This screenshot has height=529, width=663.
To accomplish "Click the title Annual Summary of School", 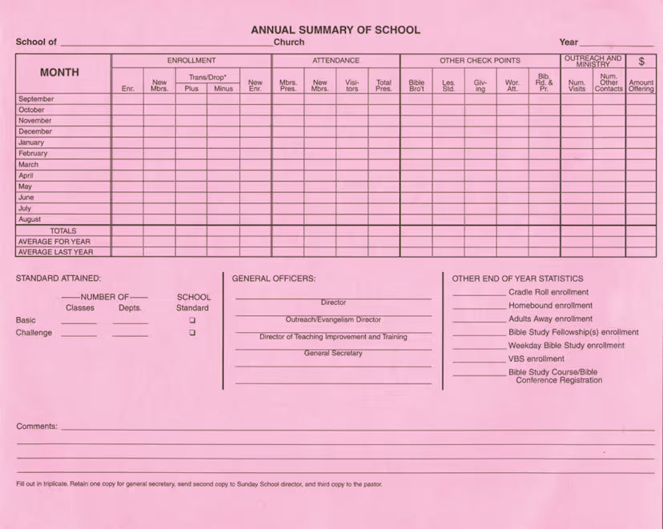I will pyautogui.click(x=336, y=30).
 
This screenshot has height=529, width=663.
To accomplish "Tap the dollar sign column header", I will pyautogui.click(x=641, y=62).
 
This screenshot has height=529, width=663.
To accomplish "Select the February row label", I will pyautogui.click(x=33, y=154).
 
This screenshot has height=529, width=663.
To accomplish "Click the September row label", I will pyautogui.click(x=36, y=99).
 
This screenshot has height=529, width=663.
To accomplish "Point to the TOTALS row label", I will pyautogui.click(x=63, y=230).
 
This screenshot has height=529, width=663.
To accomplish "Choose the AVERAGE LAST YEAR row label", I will pyautogui.click(x=55, y=252).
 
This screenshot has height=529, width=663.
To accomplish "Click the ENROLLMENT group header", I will pyautogui.click(x=191, y=61).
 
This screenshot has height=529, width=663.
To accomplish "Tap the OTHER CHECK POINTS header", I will pyautogui.click(x=480, y=61).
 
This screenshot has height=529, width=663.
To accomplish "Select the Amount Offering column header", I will pyautogui.click(x=641, y=86).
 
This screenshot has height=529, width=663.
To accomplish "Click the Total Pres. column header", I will pyautogui.click(x=384, y=86).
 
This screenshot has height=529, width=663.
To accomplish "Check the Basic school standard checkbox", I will pyautogui.click(x=192, y=320).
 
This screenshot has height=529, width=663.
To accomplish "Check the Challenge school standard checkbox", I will pyautogui.click(x=192, y=333).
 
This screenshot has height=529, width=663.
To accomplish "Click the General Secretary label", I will pyautogui.click(x=333, y=353).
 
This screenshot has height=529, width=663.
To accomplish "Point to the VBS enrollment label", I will pyautogui.click(x=536, y=359).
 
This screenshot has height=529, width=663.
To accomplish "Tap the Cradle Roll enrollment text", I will pyautogui.click(x=548, y=292).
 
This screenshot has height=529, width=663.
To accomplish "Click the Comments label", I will pyautogui.click(x=37, y=427).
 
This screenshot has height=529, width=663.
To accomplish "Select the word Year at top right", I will pyautogui.click(x=569, y=42).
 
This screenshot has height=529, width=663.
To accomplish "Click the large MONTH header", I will pyautogui.click(x=60, y=72).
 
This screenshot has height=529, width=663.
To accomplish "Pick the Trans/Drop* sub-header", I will pyautogui.click(x=207, y=78).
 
